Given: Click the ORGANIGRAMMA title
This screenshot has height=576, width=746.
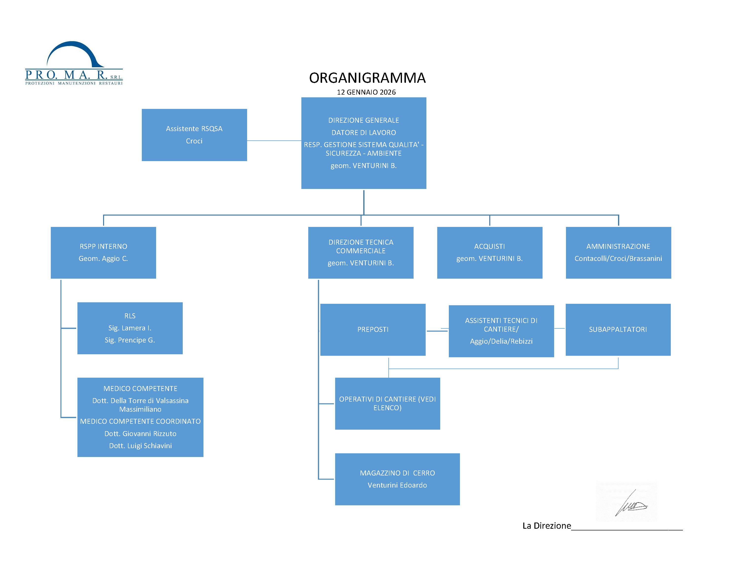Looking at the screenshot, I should pyautogui.click(x=367, y=78).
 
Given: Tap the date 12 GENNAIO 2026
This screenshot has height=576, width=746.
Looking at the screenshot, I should pyautogui.click(x=366, y=92).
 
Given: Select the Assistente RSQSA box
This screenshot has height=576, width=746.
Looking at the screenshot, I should pyautogui.click(x=194, y=135).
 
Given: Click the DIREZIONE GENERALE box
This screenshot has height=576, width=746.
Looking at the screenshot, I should pyautogui.click(x=364, y=143).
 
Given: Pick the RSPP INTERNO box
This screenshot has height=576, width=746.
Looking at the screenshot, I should pyautogui.click(x=103, y=253).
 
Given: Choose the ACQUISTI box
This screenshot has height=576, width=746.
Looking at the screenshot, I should pyautogui.click(x=490, y=253).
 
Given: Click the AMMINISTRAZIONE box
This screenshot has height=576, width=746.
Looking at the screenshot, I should pyautogui.click(x=618, y=253).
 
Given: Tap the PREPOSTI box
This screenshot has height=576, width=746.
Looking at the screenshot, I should pyautogui.click(x=373, y=330).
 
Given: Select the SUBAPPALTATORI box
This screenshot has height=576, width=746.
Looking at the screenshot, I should pyautogui.click(x=618, y=330).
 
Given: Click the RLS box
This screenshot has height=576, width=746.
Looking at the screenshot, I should pyautogui.click(x=130, y=328).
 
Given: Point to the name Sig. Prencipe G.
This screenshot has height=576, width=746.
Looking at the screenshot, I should pyautogui.click(x=130, y=340).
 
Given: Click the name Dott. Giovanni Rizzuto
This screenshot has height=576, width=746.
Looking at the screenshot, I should pyautogui.click(x=140, y=434).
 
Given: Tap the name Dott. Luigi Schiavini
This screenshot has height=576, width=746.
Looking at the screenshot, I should pyautogui.click(x=140, y=446).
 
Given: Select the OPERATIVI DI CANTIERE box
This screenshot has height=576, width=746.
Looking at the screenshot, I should pyautogui.click(x=387, y=403).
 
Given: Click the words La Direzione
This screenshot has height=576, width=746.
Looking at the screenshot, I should pyautogui.click(x=546, y=526).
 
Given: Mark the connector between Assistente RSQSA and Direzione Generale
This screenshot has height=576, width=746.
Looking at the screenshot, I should pyautogui.click(x=274, y=141).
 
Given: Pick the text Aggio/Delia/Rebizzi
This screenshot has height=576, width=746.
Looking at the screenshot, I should pyautogui.click(x=501, y=341).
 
